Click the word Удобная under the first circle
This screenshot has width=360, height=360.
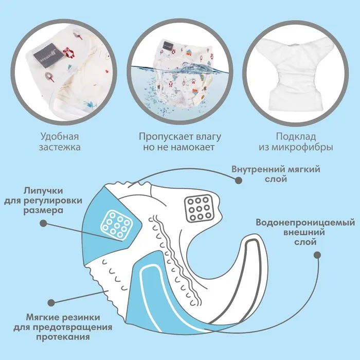point(60,137)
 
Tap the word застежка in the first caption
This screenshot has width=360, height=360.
point(60,147)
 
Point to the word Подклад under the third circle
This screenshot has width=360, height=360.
point(296,137)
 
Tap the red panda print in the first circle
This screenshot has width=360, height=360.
point(69,52)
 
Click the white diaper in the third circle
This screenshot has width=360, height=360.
point(296,73)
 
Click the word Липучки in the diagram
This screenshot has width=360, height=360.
point(43,191)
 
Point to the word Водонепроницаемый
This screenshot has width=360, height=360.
point(305,223)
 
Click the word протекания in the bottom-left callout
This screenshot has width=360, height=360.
point(63,337)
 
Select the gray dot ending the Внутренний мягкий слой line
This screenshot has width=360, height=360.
point(239,180)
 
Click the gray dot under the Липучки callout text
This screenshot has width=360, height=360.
point(43,223)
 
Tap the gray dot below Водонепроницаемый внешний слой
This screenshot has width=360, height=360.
point(317,255)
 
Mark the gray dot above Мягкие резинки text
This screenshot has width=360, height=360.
point(51,302)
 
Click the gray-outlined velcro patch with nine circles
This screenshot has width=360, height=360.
point(199,208)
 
